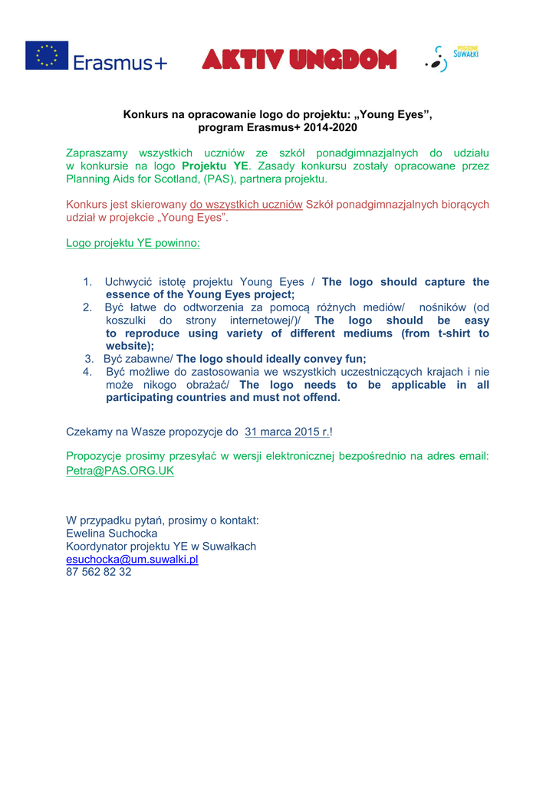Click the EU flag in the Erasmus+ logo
pos(47,56)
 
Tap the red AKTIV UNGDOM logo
pos(299,59)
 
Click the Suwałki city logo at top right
pos(452,58)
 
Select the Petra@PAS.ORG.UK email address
pos(120,471)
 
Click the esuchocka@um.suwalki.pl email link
pos(132,560)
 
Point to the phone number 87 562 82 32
pos(98,572)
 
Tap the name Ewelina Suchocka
pos(112,534)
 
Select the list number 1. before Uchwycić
pos(87,282)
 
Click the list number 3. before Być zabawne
pos(89,359)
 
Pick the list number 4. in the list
pos(87,372)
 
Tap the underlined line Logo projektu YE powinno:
pos(133,243)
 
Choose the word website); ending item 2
pos(130,347)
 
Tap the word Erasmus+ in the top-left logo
pos(120,63)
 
